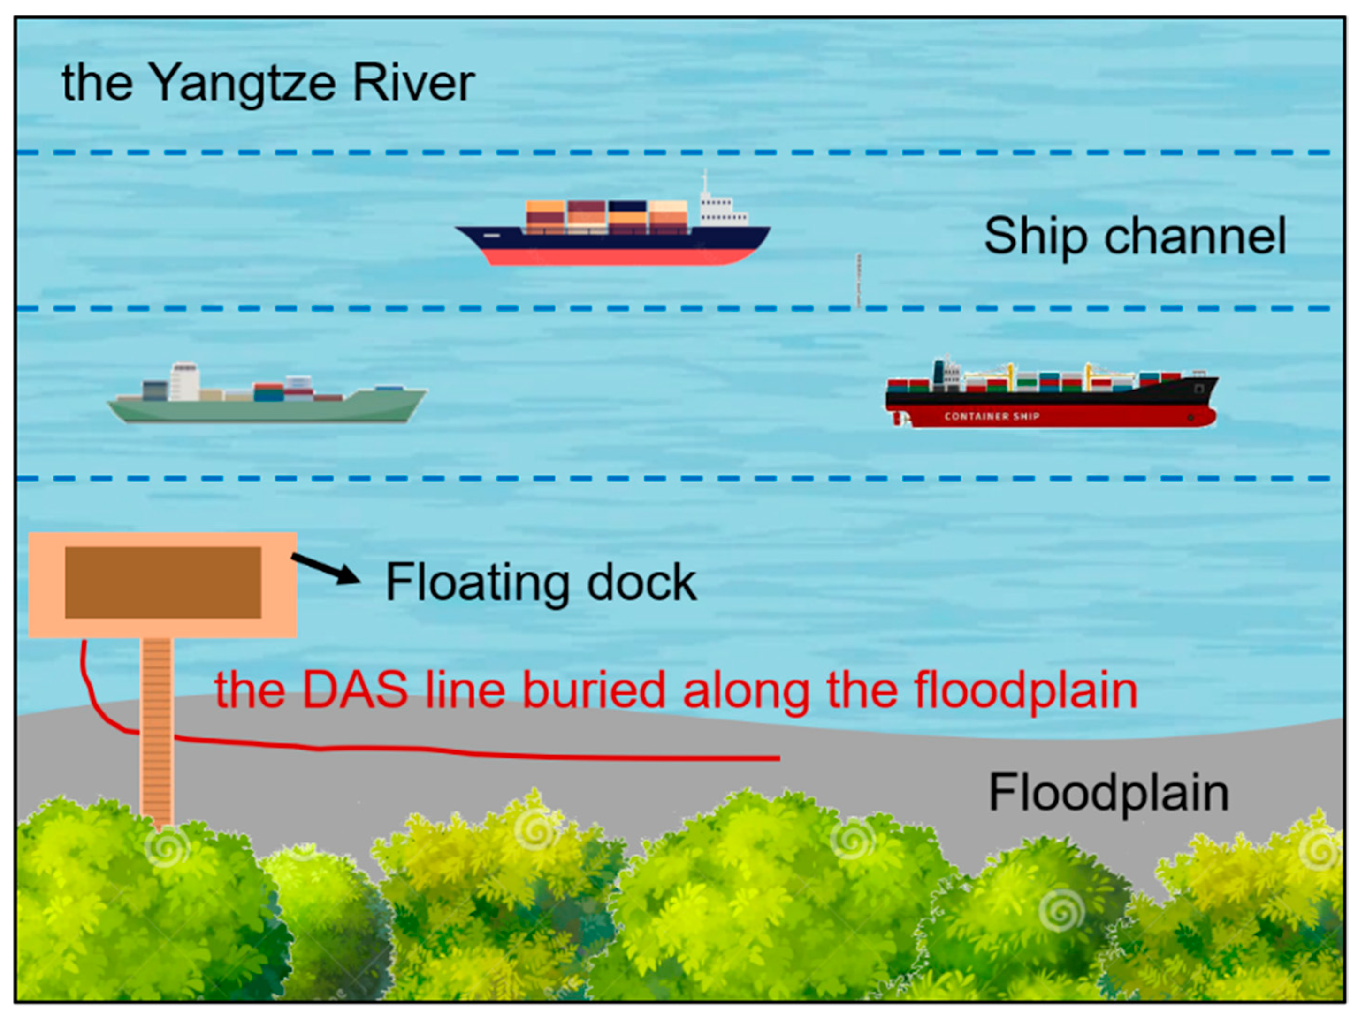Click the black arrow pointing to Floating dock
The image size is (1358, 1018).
[325, 568]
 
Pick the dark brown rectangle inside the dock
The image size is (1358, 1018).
[163, 582]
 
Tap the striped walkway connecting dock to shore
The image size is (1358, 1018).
[157, 731]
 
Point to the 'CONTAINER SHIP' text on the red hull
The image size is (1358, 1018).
[992, 416]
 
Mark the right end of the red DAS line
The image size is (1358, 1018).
[778, 759]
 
